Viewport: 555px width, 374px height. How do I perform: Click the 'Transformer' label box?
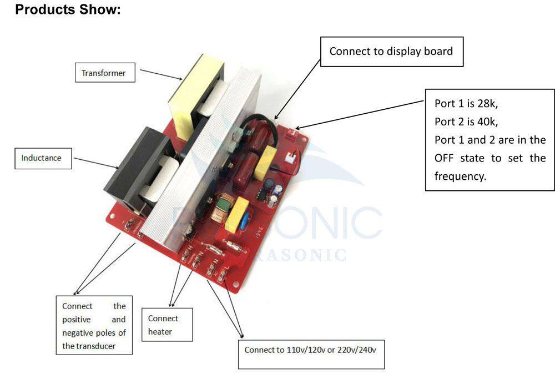104,73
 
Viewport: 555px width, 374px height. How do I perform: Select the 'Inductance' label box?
42,158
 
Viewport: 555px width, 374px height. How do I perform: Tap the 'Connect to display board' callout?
391,52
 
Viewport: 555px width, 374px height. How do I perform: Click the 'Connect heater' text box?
167,325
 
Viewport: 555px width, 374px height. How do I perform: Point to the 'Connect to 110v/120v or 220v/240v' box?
311,350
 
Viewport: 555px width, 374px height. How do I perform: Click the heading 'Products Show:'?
68,10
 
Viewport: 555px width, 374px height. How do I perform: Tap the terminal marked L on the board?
224,276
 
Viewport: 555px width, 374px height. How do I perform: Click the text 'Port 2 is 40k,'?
466,122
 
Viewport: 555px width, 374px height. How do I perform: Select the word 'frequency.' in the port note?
460,176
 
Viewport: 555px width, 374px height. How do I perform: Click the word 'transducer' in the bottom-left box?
100,346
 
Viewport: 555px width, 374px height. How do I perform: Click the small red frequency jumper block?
295,133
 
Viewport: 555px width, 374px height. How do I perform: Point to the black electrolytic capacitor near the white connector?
268,184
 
